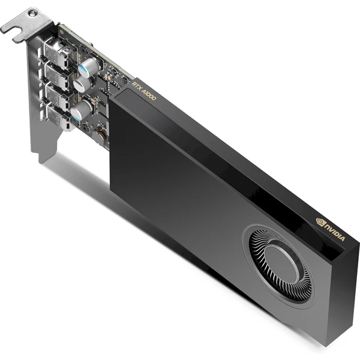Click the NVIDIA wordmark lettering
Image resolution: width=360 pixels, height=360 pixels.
tap(335, 233)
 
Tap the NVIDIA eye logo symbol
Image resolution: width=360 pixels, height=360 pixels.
tap(320, 222)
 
